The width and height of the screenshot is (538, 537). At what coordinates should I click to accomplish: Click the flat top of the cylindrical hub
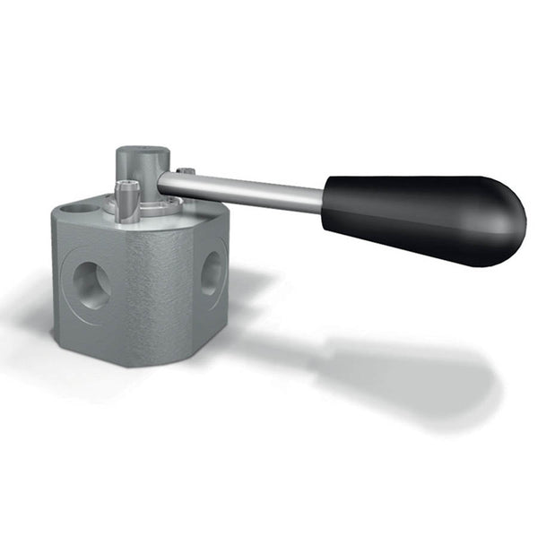click(142, 153)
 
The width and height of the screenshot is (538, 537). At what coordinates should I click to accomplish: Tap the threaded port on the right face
click(210, 273)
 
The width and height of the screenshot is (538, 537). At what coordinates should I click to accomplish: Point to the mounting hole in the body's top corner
click(80, 208)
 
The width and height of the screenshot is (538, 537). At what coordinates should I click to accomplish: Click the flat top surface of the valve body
click(99, 219)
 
